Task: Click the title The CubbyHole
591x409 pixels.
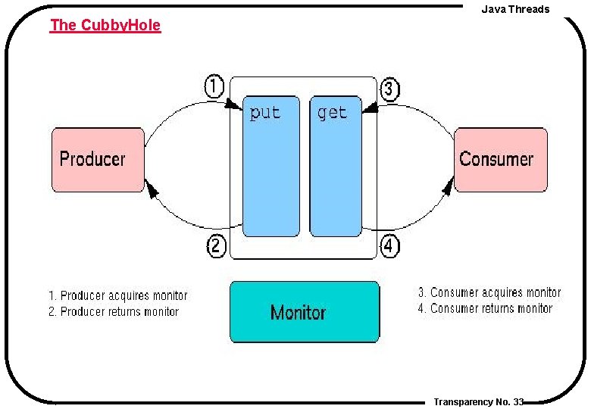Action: click(x=105, y=25)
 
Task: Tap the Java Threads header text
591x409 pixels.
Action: click(x=515, y=9)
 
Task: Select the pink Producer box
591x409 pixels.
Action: click(x=98, y=159)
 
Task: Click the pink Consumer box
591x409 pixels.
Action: click(x=500, y=159)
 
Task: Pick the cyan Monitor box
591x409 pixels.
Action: click(x=305, y=312)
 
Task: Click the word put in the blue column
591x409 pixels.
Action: click(x=265, y=114)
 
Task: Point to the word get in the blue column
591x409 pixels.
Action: click(x=333, y=114)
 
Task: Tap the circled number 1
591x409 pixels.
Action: click(x=215, y=87)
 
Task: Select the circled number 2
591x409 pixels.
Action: click(x=217, y=245)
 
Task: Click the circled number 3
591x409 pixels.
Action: click(x=389, y=89)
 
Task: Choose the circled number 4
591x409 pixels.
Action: click(x=389, y=246)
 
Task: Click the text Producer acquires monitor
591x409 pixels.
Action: click(x=118, y=295)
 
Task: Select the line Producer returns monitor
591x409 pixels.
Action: click(x=114, y=311)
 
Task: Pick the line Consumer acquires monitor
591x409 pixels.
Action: click(x=489, y=292)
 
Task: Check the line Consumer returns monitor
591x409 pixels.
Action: click(x=485, y=308)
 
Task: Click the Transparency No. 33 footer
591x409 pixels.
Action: click(x=479, y=401)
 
